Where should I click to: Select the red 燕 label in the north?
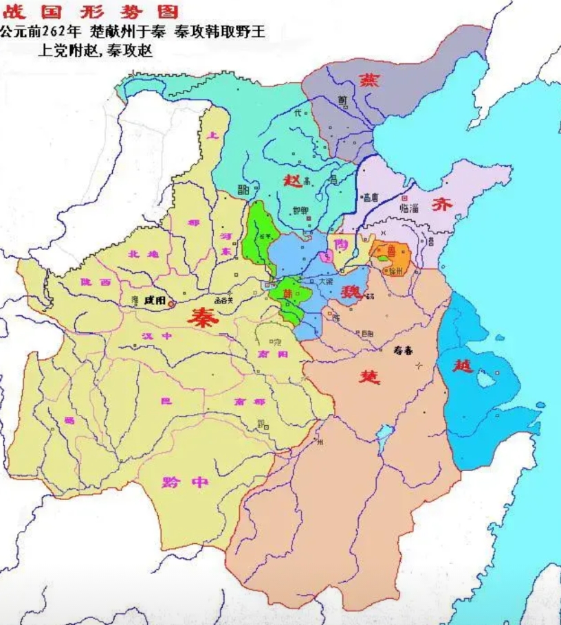[x=368, y=79]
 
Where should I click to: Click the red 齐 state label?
[x=441, y=203]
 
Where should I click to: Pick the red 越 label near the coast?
[x=461, y=365]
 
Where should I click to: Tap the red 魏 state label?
[x=351, y=292]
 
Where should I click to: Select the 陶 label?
[x=340, y=242]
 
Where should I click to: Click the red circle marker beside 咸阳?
[x=172, y=302]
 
